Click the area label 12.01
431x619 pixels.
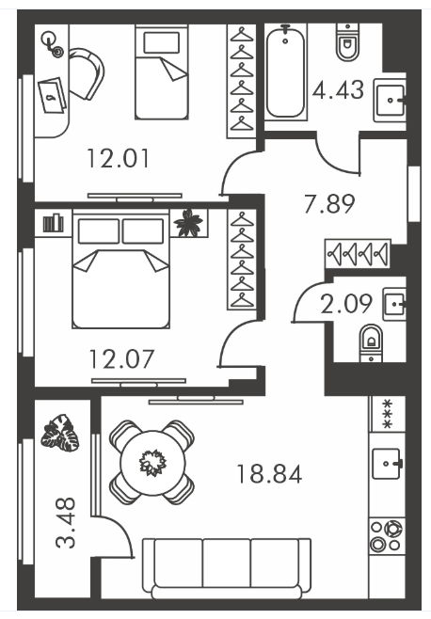click(119, 158)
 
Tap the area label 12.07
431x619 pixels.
click(121, 359)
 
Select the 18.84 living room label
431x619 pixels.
click(269, 474)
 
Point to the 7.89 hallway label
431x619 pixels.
click(329, 204)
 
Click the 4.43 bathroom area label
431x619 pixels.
click(338, 89)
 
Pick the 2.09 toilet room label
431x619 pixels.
click(346, 304)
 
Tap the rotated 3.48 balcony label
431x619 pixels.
click(66, 523)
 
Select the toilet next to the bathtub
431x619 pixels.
click(347, 41)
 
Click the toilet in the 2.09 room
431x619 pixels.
click(371, 342)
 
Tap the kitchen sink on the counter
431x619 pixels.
click(387, 464)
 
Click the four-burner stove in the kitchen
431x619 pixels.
click(387, 535)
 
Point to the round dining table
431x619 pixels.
click(152, 462)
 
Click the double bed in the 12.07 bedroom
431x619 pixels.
click(120, 269)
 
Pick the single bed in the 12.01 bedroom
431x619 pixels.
click(161, 71)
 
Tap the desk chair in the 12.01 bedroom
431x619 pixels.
click(87, 73)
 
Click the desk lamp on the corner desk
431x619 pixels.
click(53, 45)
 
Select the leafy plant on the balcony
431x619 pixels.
click(60, 433)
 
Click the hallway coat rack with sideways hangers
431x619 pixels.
click(358, 253)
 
